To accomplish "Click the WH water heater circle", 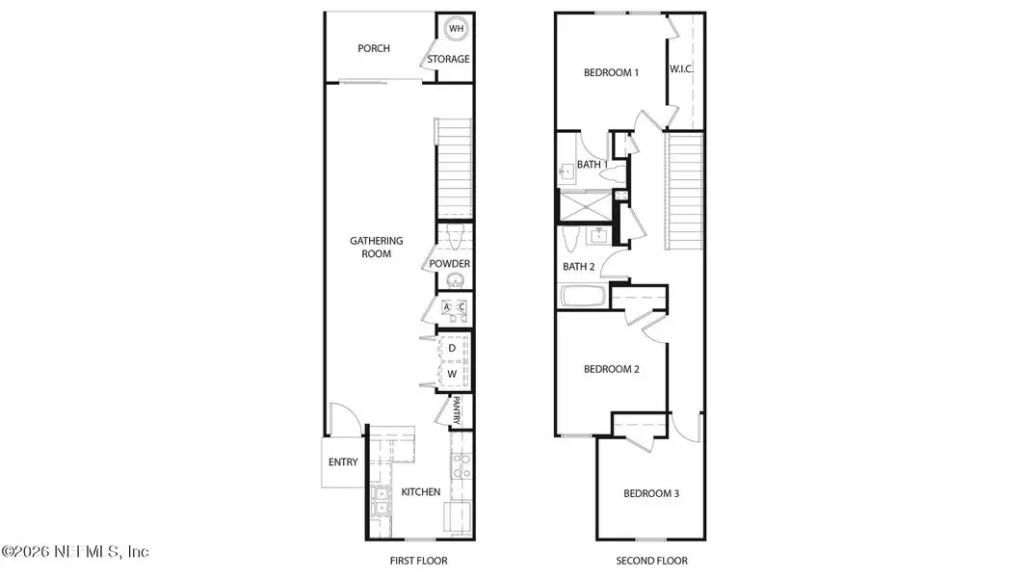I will click(456, 29).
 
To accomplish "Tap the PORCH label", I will click(374, 48).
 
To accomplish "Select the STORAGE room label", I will click(449, 60).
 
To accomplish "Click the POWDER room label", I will click(450, 264).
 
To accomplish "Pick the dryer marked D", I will click(451, 348).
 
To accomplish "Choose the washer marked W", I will click(451, 373).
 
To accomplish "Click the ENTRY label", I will click(343, 462).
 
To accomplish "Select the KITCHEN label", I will click(421, 492).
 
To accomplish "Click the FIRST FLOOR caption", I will click(419, 561).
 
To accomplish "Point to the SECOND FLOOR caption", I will click(651, 561).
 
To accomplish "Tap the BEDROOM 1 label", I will click(612, 73).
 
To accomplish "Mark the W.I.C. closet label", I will click(681, 69).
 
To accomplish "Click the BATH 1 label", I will click(592, 165).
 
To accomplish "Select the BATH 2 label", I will click(578, 266).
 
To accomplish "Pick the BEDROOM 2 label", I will click(612, 369).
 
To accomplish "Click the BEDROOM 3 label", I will click(651, 494).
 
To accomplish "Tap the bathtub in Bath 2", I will click(581, 296).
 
